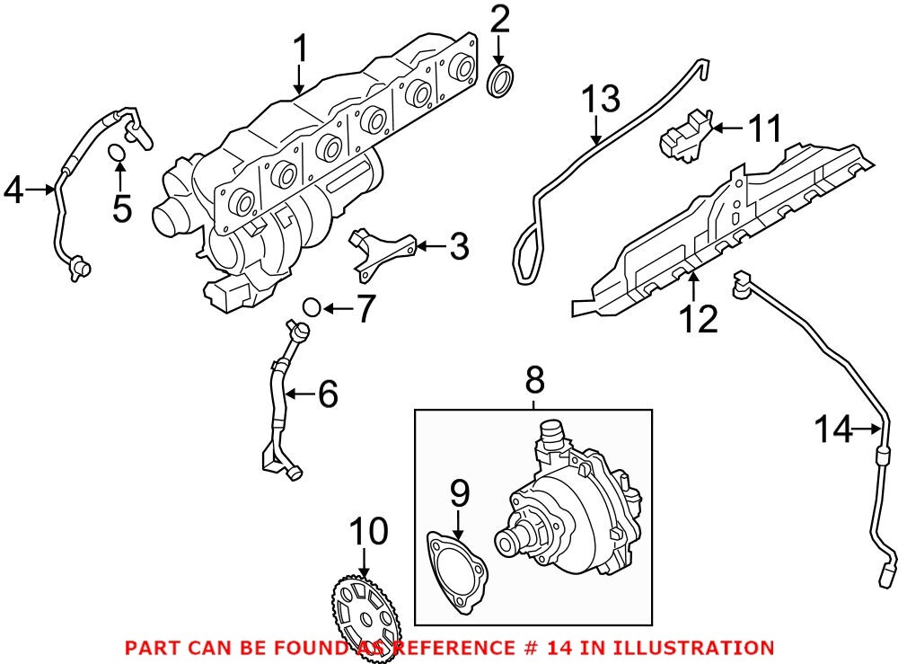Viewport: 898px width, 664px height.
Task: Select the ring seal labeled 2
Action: click(x=501, y=79)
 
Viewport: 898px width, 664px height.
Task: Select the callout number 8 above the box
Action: click(x=534, y=381)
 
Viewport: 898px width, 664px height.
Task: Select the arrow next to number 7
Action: click(x=334, y=309)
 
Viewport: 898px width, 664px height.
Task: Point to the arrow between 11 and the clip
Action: click(x=729, y=128)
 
